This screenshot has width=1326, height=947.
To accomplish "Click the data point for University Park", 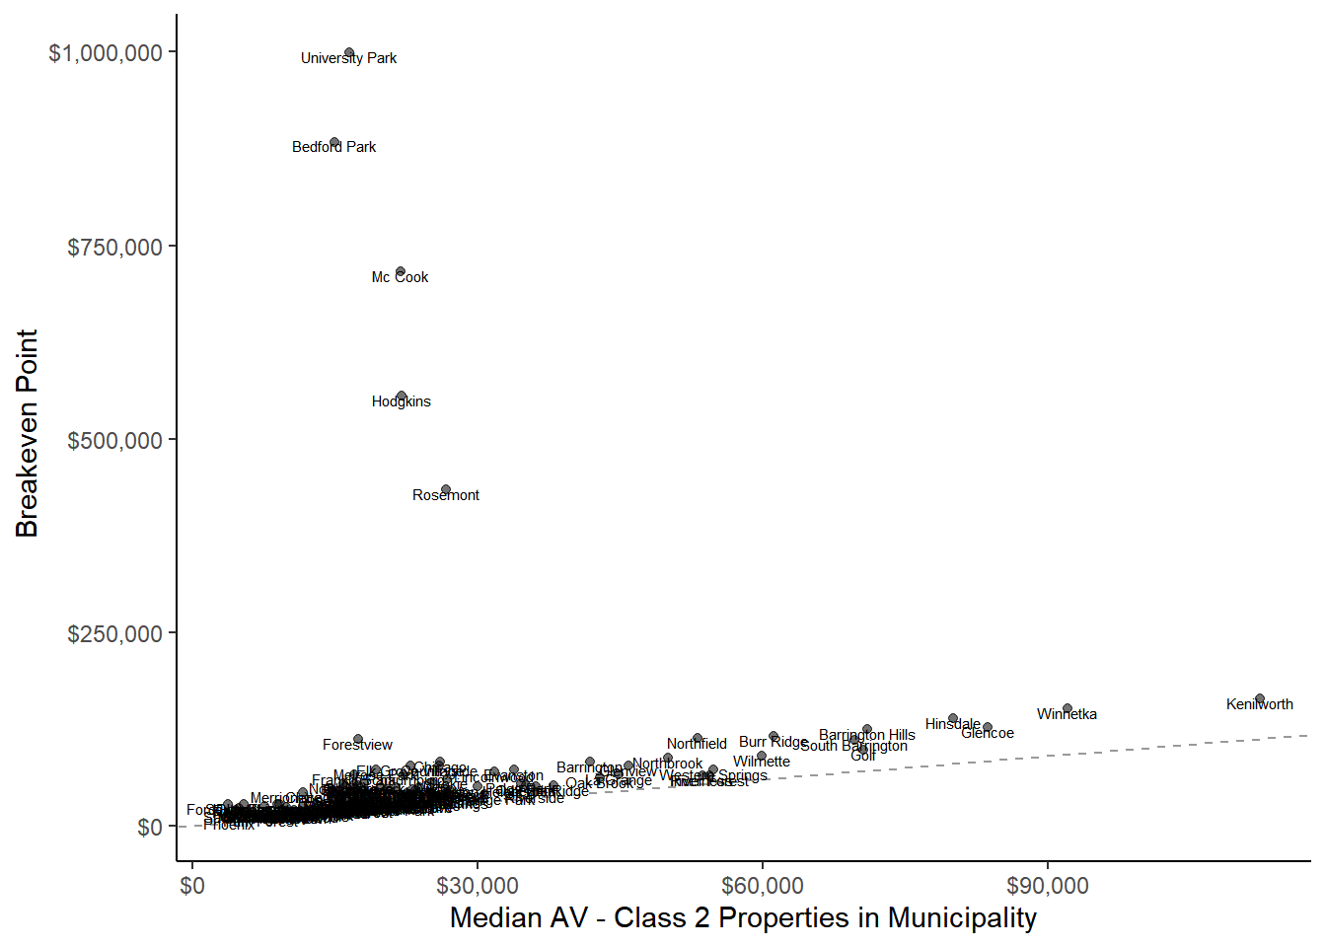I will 349,53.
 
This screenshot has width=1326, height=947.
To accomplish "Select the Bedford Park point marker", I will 334,143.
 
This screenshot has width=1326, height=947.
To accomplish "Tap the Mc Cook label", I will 400,278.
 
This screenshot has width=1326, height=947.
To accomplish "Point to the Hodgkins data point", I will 401,397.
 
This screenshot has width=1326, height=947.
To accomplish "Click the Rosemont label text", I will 446,495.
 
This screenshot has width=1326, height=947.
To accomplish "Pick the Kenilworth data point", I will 1259,699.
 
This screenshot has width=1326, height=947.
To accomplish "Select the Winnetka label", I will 1067,715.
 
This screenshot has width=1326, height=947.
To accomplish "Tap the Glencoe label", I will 988,733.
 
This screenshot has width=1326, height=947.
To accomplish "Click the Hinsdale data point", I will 953,719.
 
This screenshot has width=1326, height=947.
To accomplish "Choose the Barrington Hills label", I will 867,735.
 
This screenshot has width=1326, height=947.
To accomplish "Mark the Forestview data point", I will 358,739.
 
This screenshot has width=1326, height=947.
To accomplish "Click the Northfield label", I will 697,745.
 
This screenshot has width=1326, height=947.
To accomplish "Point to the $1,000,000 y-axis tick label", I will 106,53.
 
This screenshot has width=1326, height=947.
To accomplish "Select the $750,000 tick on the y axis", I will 114,247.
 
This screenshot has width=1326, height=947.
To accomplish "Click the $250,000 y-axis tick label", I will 114,633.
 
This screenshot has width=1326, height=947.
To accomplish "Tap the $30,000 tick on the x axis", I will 478,886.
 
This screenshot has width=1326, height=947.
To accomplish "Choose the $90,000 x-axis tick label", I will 1048,886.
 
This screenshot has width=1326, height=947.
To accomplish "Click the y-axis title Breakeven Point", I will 28,434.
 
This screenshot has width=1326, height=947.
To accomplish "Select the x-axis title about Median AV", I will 743,918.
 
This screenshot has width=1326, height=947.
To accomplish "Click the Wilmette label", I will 762,762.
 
